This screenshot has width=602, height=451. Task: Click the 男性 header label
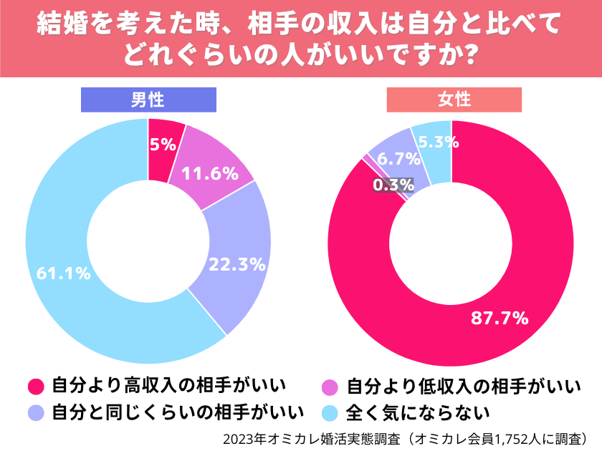pyautogui.click(x=148, y=100)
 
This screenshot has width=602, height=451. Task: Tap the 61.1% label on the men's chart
pyautogui.click(x=64, y=273)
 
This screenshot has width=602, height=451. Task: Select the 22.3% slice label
pyautogui.click(x=237, y=264)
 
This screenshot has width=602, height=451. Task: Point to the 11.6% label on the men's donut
pyautogui.click(x=209, y=173)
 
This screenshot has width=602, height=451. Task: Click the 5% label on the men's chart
pyautogui.click(x=163, y=145)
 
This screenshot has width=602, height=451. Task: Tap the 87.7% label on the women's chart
pyautogui.click(x=500, y=318)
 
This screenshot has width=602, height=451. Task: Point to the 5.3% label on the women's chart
pyautogui.click(x=438, y=142)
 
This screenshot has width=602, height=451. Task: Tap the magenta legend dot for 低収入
pyautogui.click(x=329, y=387)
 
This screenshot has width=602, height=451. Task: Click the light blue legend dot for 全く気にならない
pyautogui.click(x=329, y=413)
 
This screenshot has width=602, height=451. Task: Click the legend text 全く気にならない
pyautogui.click(x=418, y=413)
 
